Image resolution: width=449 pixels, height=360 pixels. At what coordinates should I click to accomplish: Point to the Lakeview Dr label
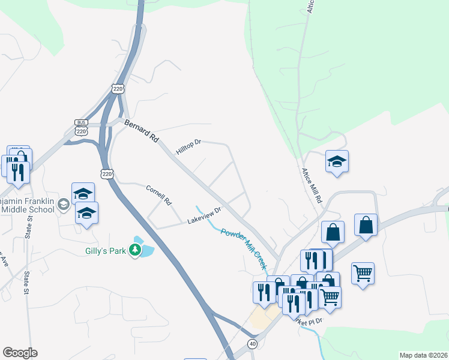pyautogui.click(x=205, y=216)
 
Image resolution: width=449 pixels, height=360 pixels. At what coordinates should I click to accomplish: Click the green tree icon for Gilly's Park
pyautogui.click(x=136, y=250)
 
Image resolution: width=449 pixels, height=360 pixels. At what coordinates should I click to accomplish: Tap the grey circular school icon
pyautogui.click(x=62, y=206)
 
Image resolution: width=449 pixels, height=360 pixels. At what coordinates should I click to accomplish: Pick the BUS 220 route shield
pyautogui.click(x=82, y=127)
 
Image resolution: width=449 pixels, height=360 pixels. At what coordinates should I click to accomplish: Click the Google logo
pyautogui.click(x=20, y=353)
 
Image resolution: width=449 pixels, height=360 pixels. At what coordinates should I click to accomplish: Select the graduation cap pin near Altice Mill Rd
pyautogui.click(x=337, y=161)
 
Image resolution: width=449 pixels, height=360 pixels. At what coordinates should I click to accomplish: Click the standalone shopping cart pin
pyautogui.click(x=363, y=274)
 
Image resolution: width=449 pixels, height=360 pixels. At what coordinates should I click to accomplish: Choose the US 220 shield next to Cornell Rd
pyautogui.click(x=107, y=174)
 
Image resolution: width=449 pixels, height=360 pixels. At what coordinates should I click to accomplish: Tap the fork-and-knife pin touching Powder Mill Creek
pyautogui.click(x=265, y=292)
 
